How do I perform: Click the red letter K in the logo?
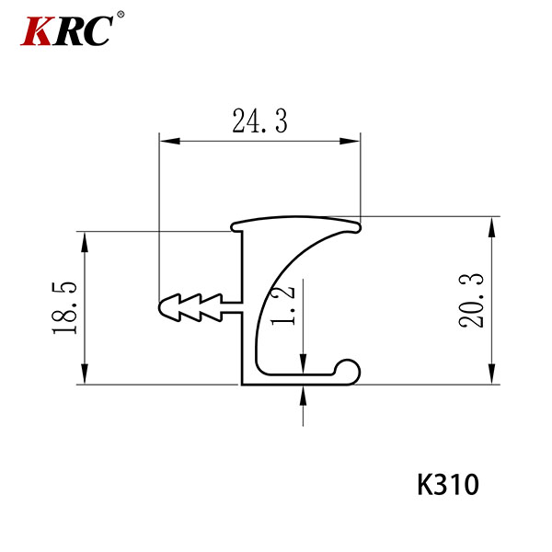tap(36, 31)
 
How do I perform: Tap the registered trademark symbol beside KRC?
tap(121, 14)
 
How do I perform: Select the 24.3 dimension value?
tap(259, 121)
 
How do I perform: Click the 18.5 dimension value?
tap(64, 308)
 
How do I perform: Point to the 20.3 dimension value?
tap(471, 301)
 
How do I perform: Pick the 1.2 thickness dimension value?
tap(283, 305)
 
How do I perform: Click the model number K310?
tap(448, 485)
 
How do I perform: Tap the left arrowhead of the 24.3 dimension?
tap(169, 141)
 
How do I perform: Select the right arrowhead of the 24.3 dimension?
tap(350, 141)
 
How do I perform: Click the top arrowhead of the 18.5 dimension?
tap(84, 242)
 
